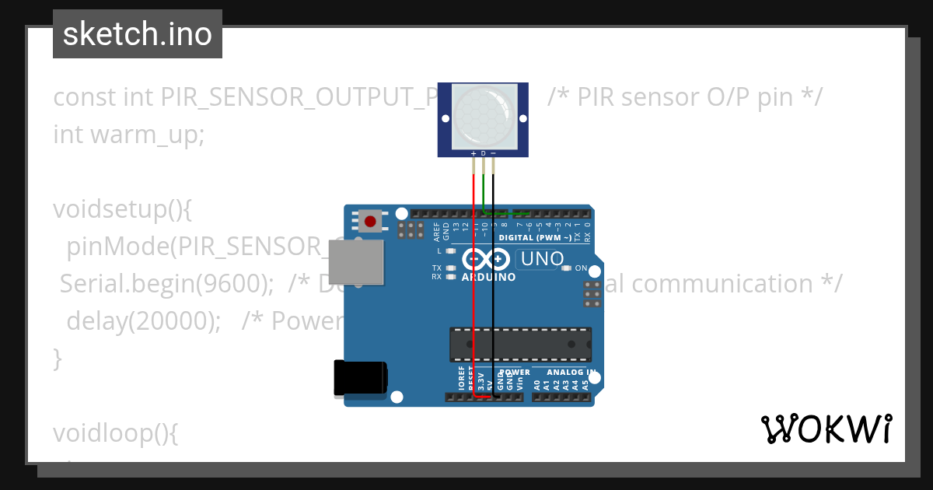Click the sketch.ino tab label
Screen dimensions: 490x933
138,34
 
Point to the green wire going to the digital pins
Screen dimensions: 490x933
505,212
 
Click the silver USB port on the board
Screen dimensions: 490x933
356,261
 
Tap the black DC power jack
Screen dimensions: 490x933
359,379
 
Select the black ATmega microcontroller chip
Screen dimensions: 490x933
519,344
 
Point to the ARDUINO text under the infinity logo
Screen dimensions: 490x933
488,278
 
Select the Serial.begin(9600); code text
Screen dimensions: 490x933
166,284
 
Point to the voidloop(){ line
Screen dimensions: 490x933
116,433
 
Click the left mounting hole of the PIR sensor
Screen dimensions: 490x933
446,119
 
